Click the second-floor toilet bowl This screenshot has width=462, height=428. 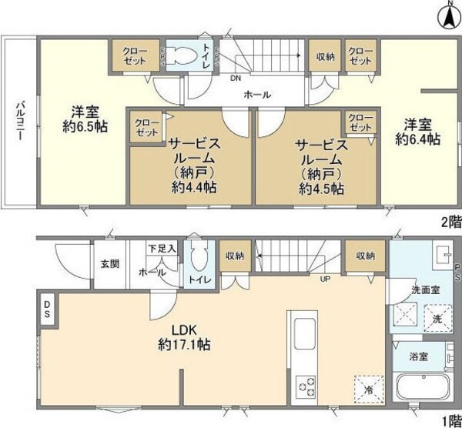click(182, 55)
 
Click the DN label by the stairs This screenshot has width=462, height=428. click(235, 77)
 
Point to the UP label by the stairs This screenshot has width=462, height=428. click(326, 279)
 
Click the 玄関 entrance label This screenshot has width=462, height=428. click(109, 264)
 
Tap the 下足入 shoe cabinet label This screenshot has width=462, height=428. click(162, 248)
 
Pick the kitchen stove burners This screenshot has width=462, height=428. click(305, 385)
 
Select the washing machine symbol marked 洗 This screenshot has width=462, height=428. click(433, 318)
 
